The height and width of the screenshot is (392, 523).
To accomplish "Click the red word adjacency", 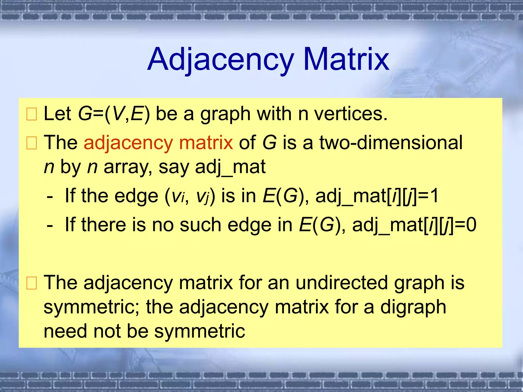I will click(x=128, y=143).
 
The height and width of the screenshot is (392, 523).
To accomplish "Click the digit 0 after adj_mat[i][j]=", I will click(x=471, y=225).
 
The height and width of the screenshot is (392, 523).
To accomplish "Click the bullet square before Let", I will click(x=32, y=114).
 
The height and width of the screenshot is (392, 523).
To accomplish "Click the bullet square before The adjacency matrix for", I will click(x=32, y=283).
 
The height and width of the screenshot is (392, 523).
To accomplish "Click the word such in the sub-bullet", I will click(x=200, y=225).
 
